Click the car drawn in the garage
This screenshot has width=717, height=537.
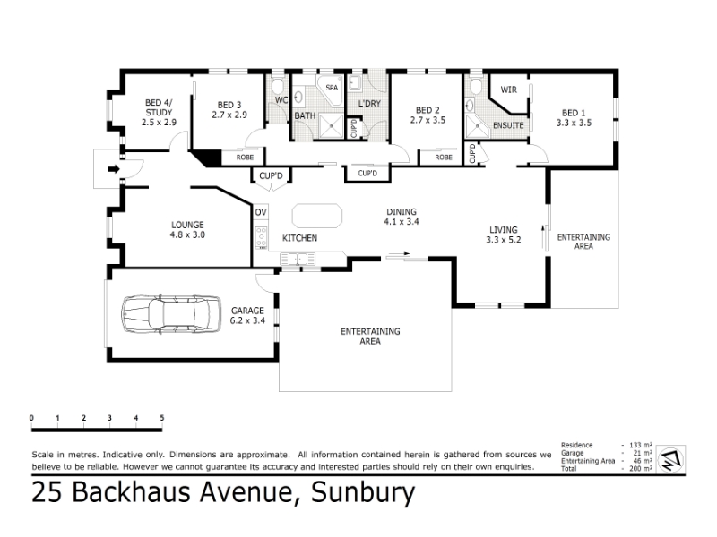point(171,314)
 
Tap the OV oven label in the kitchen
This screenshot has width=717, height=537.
point(261,212)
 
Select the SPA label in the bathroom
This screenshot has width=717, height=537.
point(332,88)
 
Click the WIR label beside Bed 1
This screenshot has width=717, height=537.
point(508,89)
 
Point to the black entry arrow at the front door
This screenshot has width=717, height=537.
point(114,169)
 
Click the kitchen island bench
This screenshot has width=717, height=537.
point(317,216)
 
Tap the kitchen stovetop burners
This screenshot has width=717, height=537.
point(261,237)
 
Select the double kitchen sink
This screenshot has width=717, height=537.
point(298,260)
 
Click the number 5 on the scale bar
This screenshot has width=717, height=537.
point(162,418)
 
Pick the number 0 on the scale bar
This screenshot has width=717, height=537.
point(31,418)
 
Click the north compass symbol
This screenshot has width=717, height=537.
point(670,459)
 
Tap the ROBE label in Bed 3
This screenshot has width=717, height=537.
point(245,158)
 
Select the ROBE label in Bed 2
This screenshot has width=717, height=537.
point(444,158)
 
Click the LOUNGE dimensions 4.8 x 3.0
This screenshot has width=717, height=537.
point(187,234)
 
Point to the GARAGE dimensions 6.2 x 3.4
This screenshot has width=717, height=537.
point(247,320)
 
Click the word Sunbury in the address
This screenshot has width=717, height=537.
point(363,493)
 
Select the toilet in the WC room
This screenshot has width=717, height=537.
point(278,86)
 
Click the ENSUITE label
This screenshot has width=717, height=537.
point(508,125)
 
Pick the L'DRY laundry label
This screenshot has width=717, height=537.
point(369,103)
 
